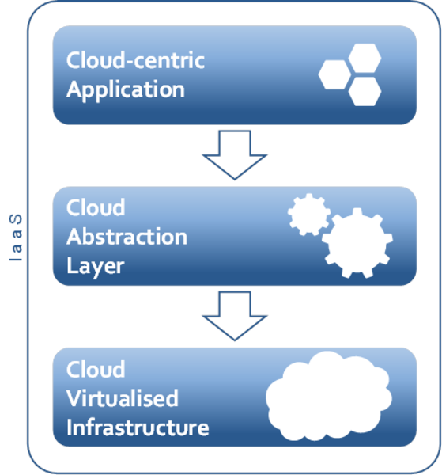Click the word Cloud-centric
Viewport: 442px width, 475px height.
(x=135, y=59)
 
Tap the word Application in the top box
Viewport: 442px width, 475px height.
(x=126, y=90)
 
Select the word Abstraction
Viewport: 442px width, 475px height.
(x=127, y=237)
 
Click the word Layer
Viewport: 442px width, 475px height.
(x=96, y=267)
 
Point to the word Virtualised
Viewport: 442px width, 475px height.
(x=123, y=397)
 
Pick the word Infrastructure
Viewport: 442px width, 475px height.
(x=138, y=427)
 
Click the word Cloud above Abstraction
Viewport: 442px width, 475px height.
(x=96, y=207)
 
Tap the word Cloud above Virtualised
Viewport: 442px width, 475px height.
(x=96, y=369)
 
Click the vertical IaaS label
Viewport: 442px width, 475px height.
(x=16, y=237)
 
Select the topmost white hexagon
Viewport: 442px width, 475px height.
(x=365, y=58)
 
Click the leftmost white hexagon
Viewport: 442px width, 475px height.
(x=334, y=74)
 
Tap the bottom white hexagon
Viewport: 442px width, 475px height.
(x=365, y=91)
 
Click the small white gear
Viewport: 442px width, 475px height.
(x=308, y=215)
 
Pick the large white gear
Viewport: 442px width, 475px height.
(x=357, y=243)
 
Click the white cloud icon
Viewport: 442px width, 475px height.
(x=329, y=396)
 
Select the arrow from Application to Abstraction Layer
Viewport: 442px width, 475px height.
(x=235, y=155)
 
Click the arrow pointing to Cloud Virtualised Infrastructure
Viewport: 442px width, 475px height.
(x=235, y=316)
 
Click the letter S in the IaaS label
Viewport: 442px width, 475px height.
(x=16, y=219)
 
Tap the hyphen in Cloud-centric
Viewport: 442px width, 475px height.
(x=129, y=62)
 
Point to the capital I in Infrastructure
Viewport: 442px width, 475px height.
(x=69, y=427)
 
